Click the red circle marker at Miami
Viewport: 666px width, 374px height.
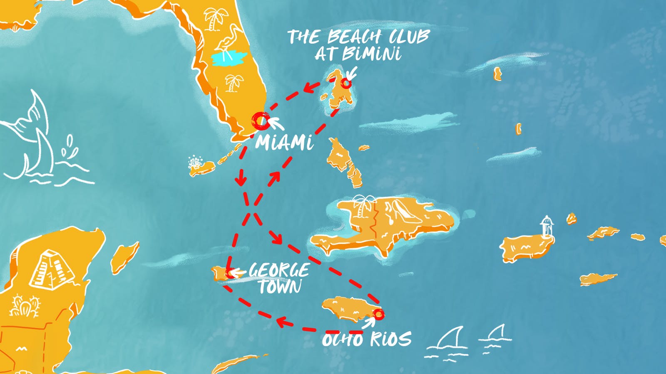261,121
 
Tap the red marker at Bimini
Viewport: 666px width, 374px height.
345,84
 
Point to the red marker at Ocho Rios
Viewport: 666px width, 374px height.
378,314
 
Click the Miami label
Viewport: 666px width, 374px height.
284,143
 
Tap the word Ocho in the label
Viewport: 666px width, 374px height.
342,340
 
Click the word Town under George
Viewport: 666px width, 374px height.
280,287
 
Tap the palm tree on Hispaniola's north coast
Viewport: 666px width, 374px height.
362,206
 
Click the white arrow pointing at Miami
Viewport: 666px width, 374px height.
275,123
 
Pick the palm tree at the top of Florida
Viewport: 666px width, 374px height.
215,19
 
